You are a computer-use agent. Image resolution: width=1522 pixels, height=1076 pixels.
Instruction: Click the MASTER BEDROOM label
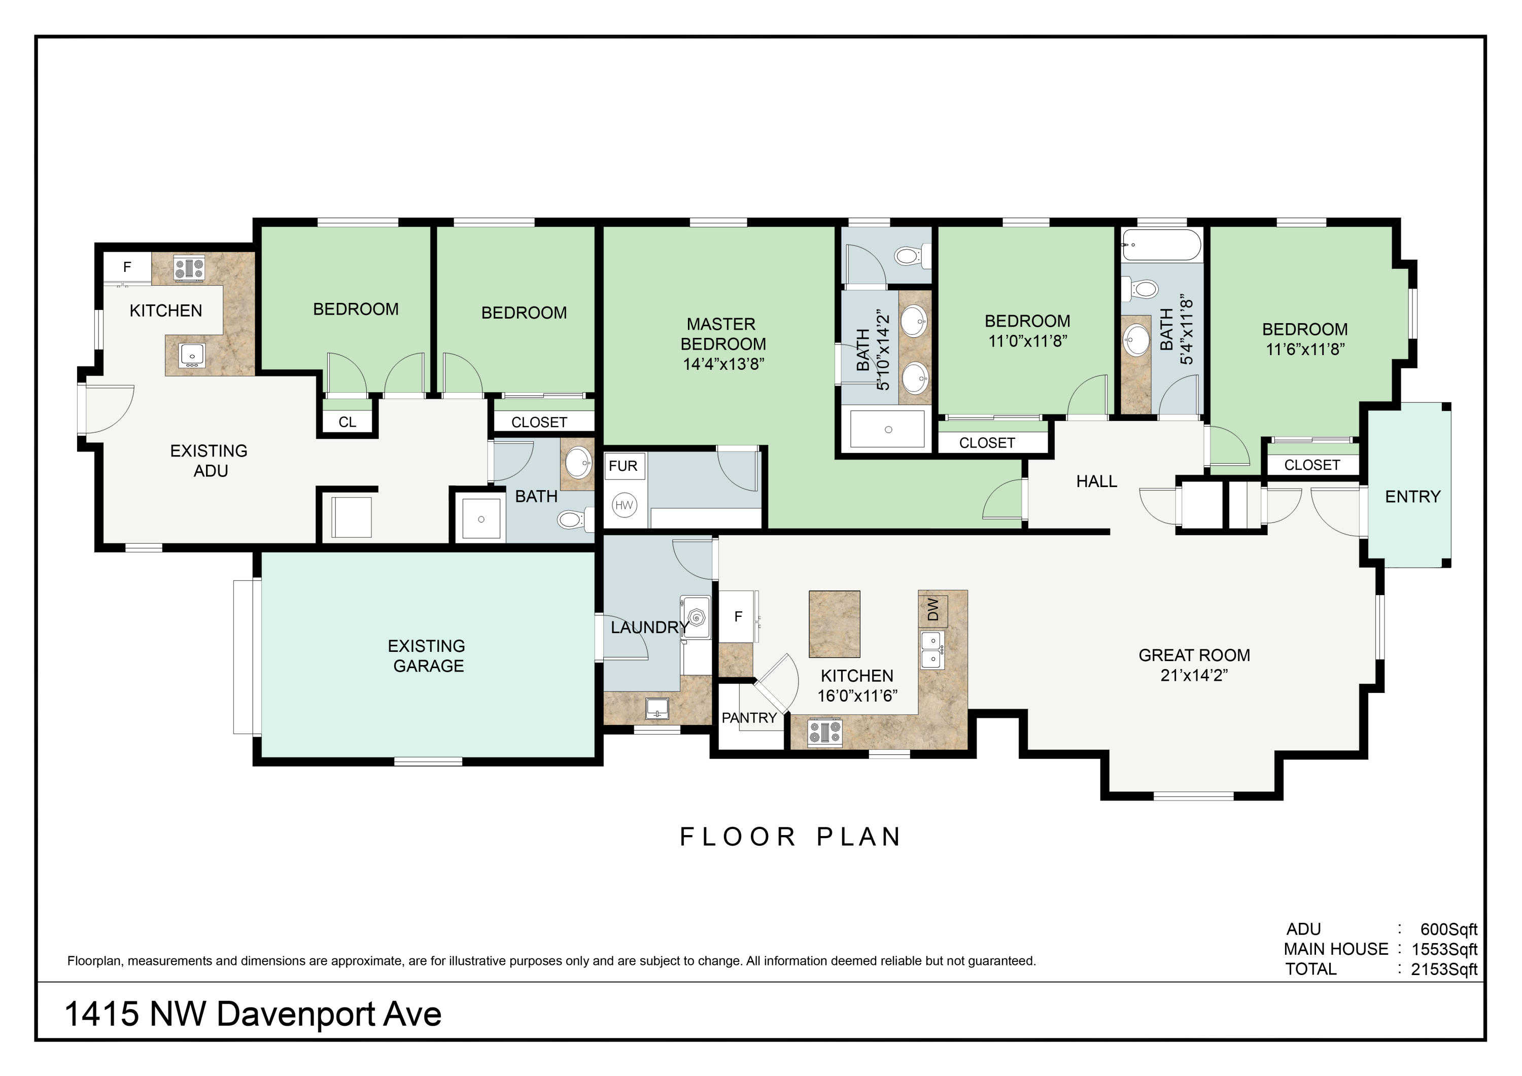pyautogui.click(x=722, y=334)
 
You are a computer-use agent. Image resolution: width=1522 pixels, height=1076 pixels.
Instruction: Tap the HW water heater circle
pyautogui.click(x=624, y=505)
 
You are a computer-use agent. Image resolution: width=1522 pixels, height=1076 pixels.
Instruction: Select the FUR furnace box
pyautogui.click(x=623, y=466)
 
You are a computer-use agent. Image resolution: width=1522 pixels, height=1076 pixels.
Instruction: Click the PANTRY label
pyautogui.click(x=749, y=718)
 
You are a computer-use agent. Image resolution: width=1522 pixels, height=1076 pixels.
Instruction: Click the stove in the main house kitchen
pyautogui.click(x=824, y=733)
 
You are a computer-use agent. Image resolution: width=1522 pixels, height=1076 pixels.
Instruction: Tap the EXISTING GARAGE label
pyautogui.click(x=428, y=655)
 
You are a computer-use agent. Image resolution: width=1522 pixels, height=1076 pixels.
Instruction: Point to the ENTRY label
pyautogui.click(x=1412, y=497)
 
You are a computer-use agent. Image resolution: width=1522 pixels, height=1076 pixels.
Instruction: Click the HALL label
pyautogui.click(x=1096, y=481)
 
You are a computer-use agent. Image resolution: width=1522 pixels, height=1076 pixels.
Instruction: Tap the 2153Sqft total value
pyautogui.click(x=1444, y=969)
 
